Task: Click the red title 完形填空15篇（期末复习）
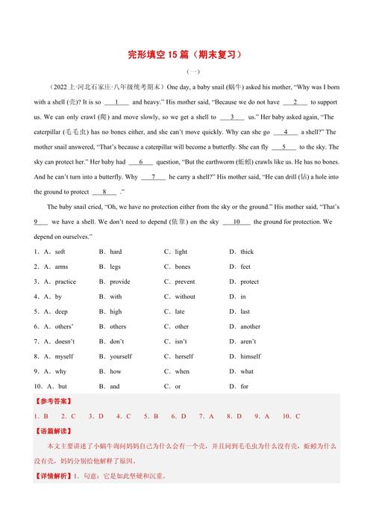coord(186,55)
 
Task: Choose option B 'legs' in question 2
coord(115,267)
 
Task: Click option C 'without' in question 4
coord(185,296)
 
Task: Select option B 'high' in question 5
coord(116,311)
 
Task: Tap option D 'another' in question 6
coord(250,326)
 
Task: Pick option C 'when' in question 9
coord(182,371)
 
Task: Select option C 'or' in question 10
coord(178,386)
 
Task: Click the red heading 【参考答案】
coord(53,402)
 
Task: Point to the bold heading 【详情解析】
coord(53,475)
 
